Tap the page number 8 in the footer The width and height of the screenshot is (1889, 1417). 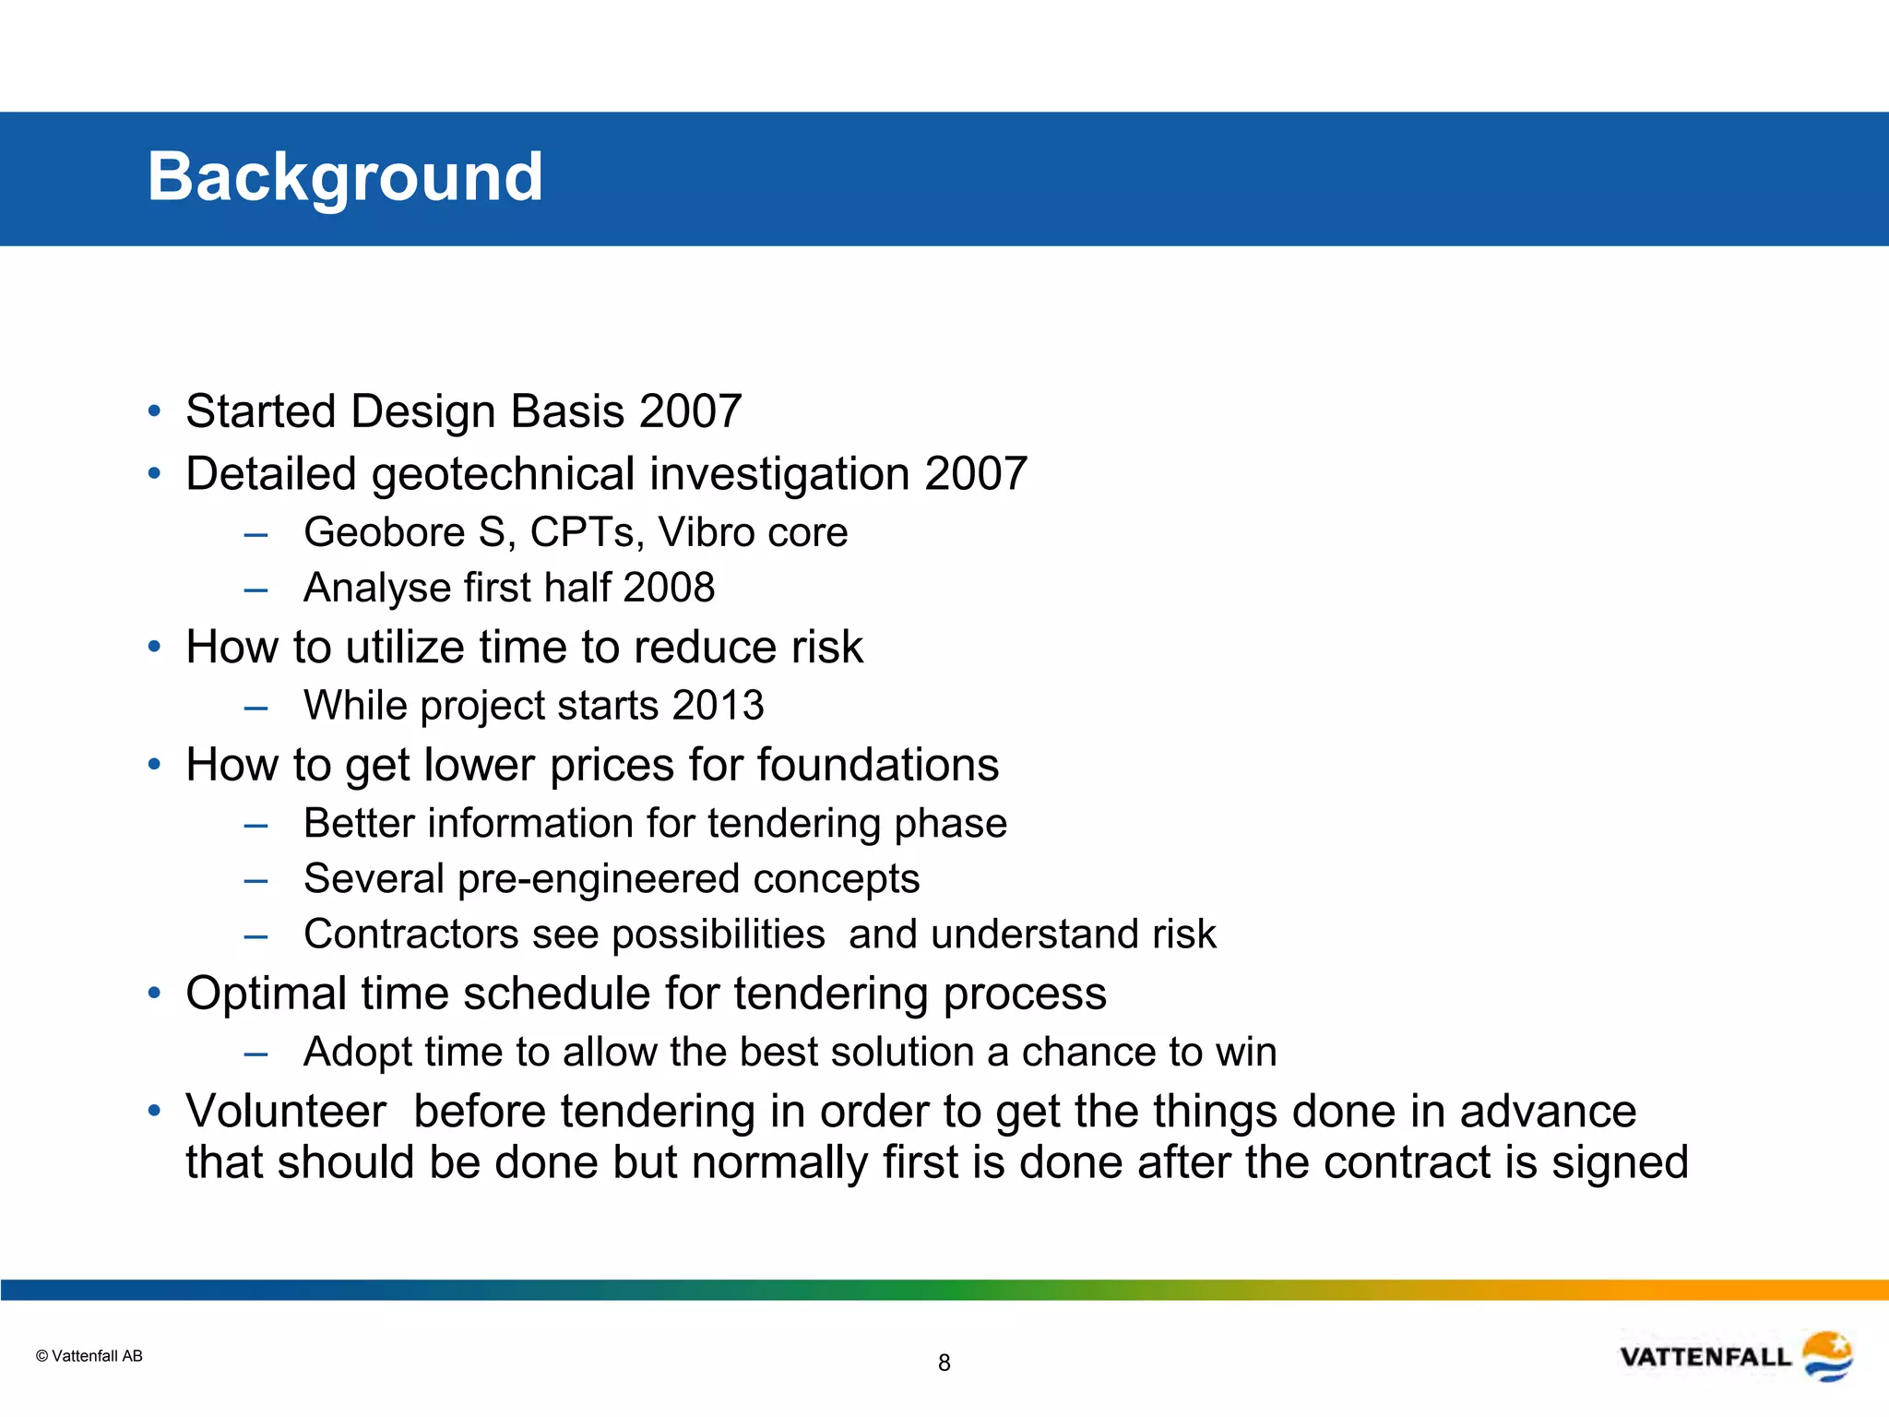click(x=944, y=1363)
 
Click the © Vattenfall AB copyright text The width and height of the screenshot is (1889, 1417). click(x=89, y=1355)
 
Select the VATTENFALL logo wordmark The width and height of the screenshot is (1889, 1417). click(x=1705, y=1357)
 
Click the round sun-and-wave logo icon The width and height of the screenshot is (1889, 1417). click(x=1827, y=1356)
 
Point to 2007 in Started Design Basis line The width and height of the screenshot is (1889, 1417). click(x=690, y=411)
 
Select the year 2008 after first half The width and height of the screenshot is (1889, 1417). click(x=669, y=588)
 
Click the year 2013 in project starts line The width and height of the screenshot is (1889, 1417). click(x=718, y=706)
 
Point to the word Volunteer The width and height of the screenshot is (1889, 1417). click(x=286, y=1111)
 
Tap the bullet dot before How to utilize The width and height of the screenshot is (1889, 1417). click(x=155, y=647)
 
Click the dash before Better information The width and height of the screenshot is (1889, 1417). click(x=255, y=825)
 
